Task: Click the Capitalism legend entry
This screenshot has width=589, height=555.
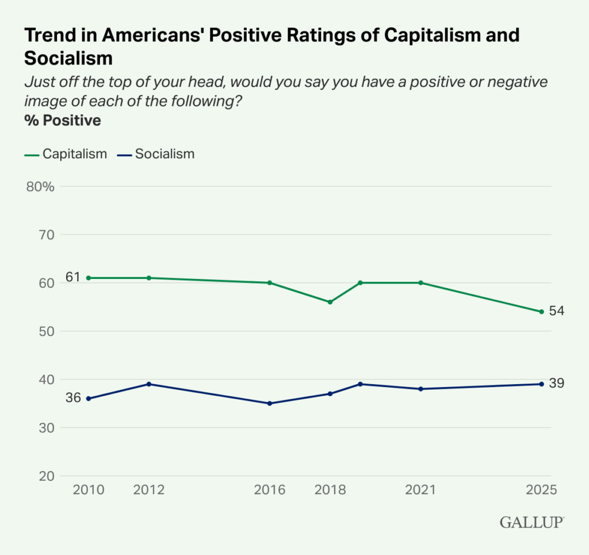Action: (66, 154)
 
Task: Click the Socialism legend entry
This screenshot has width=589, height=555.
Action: (156, 154)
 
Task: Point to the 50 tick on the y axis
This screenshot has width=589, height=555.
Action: (47, 331)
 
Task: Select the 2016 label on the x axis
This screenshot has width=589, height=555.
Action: (270, 490)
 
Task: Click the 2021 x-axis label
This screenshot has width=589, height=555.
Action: (420, 490)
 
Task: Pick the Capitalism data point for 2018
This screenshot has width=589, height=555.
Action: (330, 302)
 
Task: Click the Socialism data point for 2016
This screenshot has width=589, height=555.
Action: (270, 403)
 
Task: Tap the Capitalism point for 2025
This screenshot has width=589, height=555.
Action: (541, 312)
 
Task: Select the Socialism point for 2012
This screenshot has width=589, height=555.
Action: (149, 384)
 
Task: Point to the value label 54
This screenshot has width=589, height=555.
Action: (556, 311)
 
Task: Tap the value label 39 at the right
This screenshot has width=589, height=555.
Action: (556, 383)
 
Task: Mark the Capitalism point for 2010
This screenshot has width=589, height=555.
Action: (89, 278)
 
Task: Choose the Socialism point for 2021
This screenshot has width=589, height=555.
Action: (420, 389)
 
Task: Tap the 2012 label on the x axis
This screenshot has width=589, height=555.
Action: (149, 490)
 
